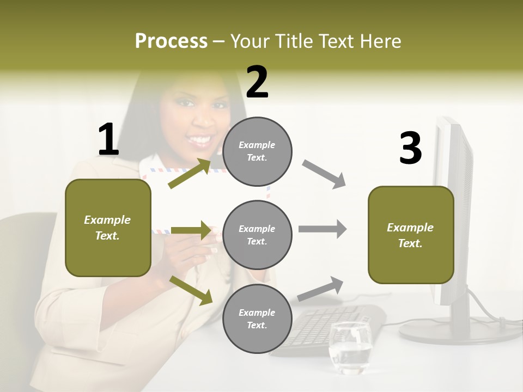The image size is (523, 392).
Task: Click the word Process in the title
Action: click(171, 41)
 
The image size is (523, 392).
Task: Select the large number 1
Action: click(108, 140)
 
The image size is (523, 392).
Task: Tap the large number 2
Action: click(257, 82)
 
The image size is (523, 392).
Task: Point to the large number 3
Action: click(410, 148)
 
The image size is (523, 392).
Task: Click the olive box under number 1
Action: click(108, 228)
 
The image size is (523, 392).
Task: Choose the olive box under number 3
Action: click(411, 235)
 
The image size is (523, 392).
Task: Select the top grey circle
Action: click(257, 151)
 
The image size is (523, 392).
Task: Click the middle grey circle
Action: click(257, 235)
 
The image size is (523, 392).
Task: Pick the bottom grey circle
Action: click(257, 318)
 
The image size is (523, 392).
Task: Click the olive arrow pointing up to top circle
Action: click(190, 174)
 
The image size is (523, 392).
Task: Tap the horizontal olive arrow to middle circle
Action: click(191, 230)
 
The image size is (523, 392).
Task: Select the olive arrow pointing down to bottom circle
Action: click(191, 290)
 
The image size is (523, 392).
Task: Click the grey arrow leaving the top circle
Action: click(324, 174)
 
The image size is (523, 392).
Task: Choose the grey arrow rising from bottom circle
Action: click(321, 289)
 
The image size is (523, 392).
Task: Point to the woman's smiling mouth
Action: click(200, 141)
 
